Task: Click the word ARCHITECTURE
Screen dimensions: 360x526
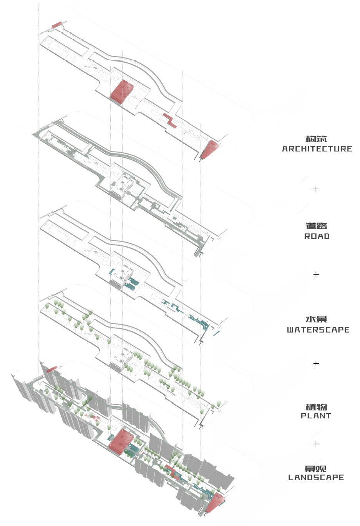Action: (x=317, y=149)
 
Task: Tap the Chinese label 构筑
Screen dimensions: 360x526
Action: (x=316, y=139)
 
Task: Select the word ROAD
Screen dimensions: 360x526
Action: (x=317, y=236)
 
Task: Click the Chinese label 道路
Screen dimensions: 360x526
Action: (x=316, y=226)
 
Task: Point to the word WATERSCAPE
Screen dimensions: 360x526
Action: (x=318, y=330)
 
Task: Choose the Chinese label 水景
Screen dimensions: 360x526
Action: (x=316, y=320)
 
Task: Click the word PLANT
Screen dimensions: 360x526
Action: (x=316, y=416)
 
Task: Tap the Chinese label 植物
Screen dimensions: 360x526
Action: (x=316, y=407)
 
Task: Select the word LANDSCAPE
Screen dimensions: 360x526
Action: (x=316, y=478)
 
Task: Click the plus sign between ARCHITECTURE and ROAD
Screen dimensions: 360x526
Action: (x=316, y=189)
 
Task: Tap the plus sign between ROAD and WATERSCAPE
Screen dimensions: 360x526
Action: (x=316, y=274)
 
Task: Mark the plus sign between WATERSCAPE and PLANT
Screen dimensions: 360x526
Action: (x=316, y=363)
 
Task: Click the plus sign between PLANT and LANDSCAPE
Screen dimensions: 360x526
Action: (x=316, y=444)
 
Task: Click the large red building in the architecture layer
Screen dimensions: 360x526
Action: (x=122, y=92)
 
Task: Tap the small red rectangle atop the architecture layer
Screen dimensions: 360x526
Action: (x=56, y=24)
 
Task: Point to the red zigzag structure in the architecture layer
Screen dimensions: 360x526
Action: (x=170, y=120)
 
